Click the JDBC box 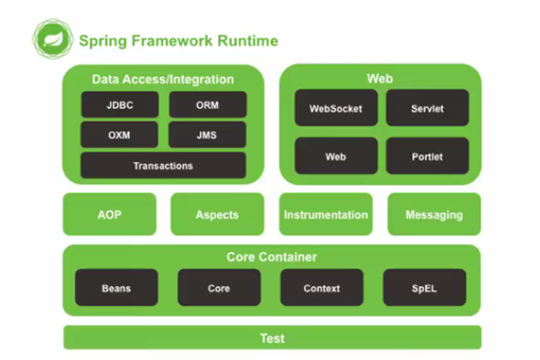pyautogui.click(x=120, y=105)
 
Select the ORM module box pyautogui.click(x=207, y=105)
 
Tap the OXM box pyautogui.click(x=120, y=135)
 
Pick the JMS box pyautogui.click(x=207, y=135)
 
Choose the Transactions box pyautogui.click(x=163, y=165)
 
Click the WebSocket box pyautogui.click(x=335, y=109)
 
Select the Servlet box pyautogui.click(x=427, y=109)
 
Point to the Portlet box pyautogui.click(x=427, y=157)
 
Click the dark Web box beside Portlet pyautogui.click(x=335, y=157)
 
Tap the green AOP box pyautogui.click(x=110, y=214)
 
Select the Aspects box pyautogui.click(x=217, y=214)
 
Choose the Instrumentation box pyautogui.click(x=326, y=214)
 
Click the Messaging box pyautogui.click(x=434, y=214)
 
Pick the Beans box pyautogui.click(x=116, y=287)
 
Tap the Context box pyautogui.click(x=321, y=287)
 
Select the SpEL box pyautogui.click(x=424, y=287)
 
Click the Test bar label pyautogui.click(x=272, y=338)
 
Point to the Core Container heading pyautogui.click(x=272, y=257)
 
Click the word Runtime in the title pyautogui.click(x=249, y=40)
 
